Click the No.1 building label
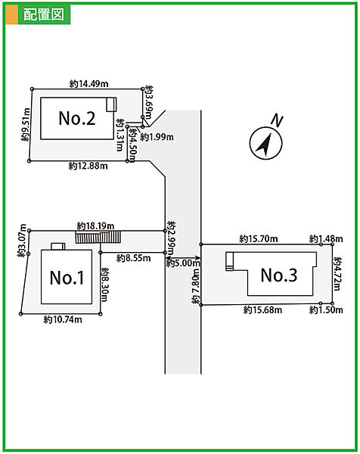click(x=67, y=278)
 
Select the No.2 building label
click(x=77, y=118)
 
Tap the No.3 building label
click(x=279, y=275)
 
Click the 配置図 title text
click(x=44, y=14)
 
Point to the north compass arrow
click(x=265, y=144)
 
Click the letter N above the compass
click(x=277, y=121)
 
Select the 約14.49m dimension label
click(x=88, y=84)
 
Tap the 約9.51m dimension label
click(x=26, y=125)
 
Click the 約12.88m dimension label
click(x=88, y=166)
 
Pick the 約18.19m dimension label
click(x=95, y=225)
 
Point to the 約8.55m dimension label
click(x=133, y=258)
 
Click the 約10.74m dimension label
click(x=63, y=319)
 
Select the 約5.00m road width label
click(x=183, y=263)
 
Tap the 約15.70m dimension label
click(x=259, y=239)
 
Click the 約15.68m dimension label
click(x=262, y=310)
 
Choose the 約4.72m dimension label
click(x=337, y=274)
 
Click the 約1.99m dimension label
click(x=157, y=137)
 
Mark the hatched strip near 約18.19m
click(x=98, y=237)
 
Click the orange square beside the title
click(x=11, y=14)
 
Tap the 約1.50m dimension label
click(x=326, y=310)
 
